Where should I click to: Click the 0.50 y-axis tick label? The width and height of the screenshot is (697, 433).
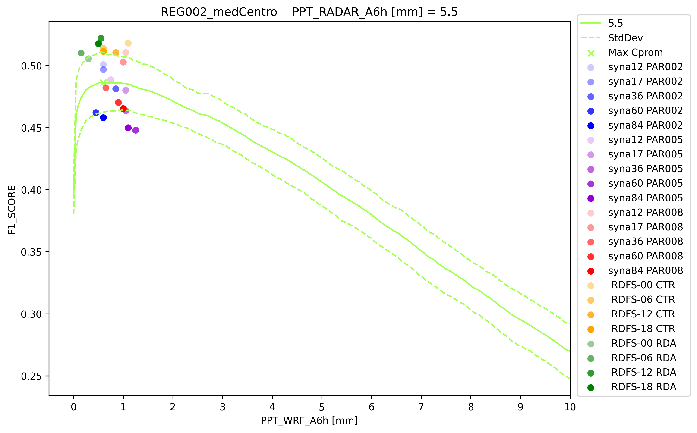point(31,66)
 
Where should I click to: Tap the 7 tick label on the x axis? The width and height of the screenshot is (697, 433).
point(421,407)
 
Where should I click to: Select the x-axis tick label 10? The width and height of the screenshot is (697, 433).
point(570,407)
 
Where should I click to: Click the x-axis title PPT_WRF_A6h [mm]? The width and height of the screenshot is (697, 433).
point(309,421)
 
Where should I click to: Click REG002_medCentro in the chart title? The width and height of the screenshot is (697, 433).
point(219,12)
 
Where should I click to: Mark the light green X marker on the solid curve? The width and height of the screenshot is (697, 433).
point(103,82)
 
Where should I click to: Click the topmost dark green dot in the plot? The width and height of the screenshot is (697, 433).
point(101,38)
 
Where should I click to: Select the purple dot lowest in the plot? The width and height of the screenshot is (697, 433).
point(136,130)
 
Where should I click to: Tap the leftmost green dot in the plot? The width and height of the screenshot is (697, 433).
point(81,53)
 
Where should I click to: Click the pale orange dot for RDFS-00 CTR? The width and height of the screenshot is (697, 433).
point(128,43)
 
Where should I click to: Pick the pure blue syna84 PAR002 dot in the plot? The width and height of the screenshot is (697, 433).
point(103,118)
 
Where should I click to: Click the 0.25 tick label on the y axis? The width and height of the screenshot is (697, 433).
point(31,376)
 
